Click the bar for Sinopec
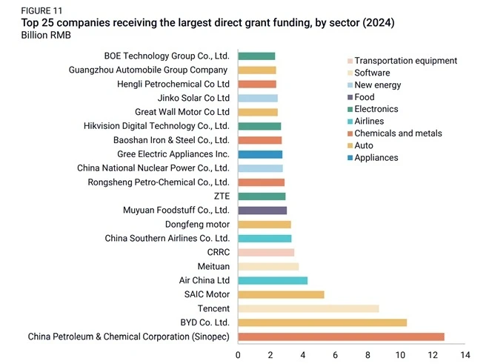click(341, 337)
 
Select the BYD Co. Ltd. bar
click(322, 322)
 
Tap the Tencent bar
click(308, 308)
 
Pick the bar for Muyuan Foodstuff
click(262, 211)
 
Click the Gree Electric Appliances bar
click(260, 154)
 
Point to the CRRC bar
click(266, 253)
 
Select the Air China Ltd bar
click(273, 281)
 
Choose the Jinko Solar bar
click(258, 98)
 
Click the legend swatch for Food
click(350, 97)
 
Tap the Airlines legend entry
click(366, 121)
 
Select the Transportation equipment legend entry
click(402, 61)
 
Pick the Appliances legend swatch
click(350, 158)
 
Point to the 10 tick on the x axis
click(400, 355)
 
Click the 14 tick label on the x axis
click(465, 355)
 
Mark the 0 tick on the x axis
click(238, 355)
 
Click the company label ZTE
click(222, 196)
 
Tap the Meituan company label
click(213, 266)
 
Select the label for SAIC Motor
click(207, 294)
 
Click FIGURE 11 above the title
click(41, 11)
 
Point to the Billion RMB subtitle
click(46, 35)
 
